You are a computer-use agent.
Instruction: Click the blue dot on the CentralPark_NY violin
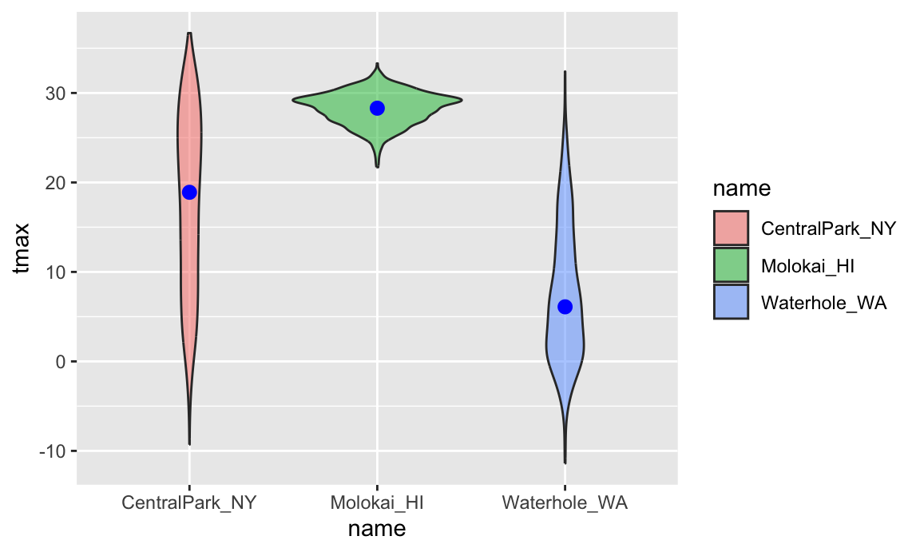[189, 192]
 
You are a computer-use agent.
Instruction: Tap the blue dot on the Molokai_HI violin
[377, 108]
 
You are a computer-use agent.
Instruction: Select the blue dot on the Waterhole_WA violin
[565, 307]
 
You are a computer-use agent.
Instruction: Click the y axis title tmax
[23, 248]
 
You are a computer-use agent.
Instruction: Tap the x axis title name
[377, 529]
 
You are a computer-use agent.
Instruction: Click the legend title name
[741, 189]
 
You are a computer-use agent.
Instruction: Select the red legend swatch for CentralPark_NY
[731, 228]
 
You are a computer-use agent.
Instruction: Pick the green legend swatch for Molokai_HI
[731, 265]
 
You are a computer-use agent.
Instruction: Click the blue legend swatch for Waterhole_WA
[731, 302]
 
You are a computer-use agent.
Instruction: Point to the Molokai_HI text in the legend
[807, 265]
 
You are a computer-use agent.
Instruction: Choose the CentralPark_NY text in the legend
[828, 228]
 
